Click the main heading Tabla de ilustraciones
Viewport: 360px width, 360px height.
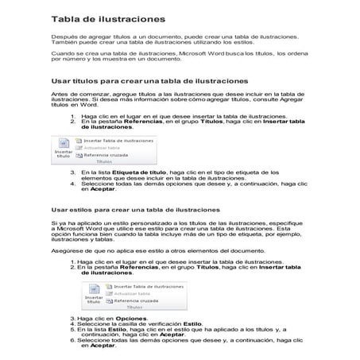(108, 17)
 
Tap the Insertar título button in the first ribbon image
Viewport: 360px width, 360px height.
(64, 153)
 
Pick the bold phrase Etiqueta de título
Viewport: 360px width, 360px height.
(120, 172)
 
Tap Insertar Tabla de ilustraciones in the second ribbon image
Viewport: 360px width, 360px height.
(145, 285)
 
